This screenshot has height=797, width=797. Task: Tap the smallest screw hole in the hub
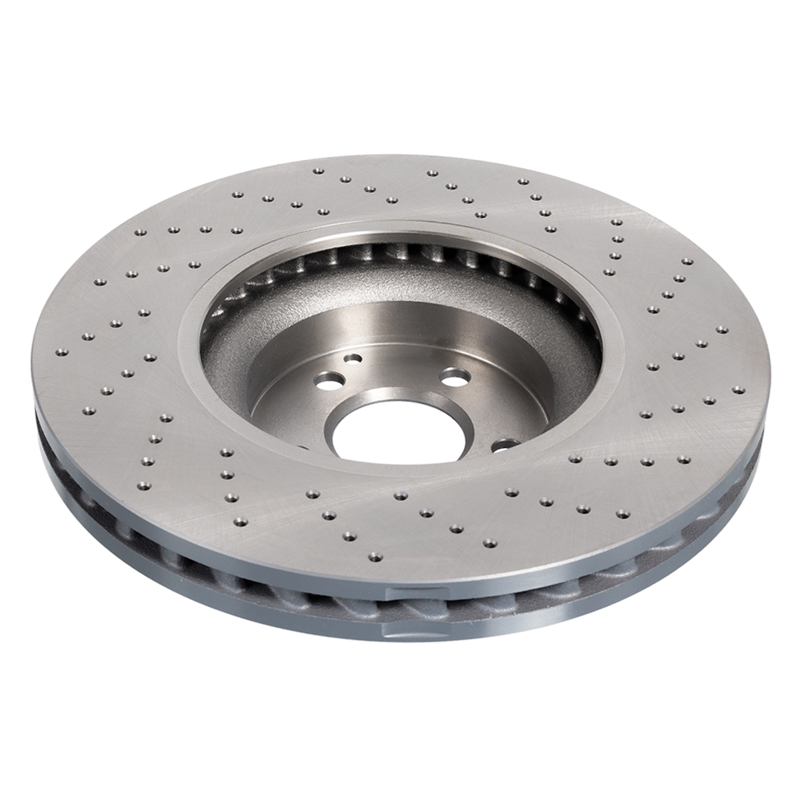(352, 359)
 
